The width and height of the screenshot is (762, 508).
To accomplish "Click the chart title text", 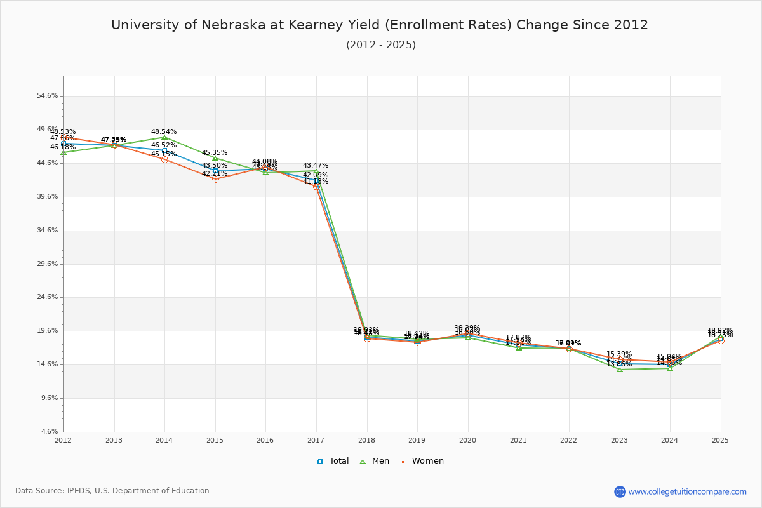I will click(x=380, y=25).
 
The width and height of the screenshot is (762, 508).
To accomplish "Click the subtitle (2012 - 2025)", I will click(x=381, y=45).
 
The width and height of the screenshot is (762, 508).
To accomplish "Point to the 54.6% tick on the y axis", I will click(x=48, y=96).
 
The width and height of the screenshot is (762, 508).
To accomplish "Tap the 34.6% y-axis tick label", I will click(x=48, y=231).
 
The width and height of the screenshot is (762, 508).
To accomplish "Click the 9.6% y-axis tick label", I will click(x=49, y=398).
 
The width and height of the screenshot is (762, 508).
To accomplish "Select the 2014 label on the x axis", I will click(x=164, y=439).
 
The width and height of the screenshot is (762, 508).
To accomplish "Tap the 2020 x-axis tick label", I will click(x=468, y=439).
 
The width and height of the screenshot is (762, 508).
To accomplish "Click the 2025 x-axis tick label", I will click(x=720, y=439).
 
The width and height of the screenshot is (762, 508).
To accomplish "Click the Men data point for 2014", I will click(x=164, y=137).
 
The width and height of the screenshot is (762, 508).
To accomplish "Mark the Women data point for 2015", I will click(x=215, y=180).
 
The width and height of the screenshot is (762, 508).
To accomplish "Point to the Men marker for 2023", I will click(x=620, y=369).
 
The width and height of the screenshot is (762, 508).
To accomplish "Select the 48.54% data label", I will click(x=164, y=132).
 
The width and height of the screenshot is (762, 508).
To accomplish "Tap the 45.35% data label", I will click(x=215, y=153).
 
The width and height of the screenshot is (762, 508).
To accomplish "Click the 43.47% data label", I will click(x=316, y=166).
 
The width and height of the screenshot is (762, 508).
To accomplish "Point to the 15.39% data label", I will click(x=619, y=354).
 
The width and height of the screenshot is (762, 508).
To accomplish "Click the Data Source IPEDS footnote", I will click(x=112, y=491).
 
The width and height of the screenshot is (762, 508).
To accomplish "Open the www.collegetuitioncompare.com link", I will click(x=687, y=491).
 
